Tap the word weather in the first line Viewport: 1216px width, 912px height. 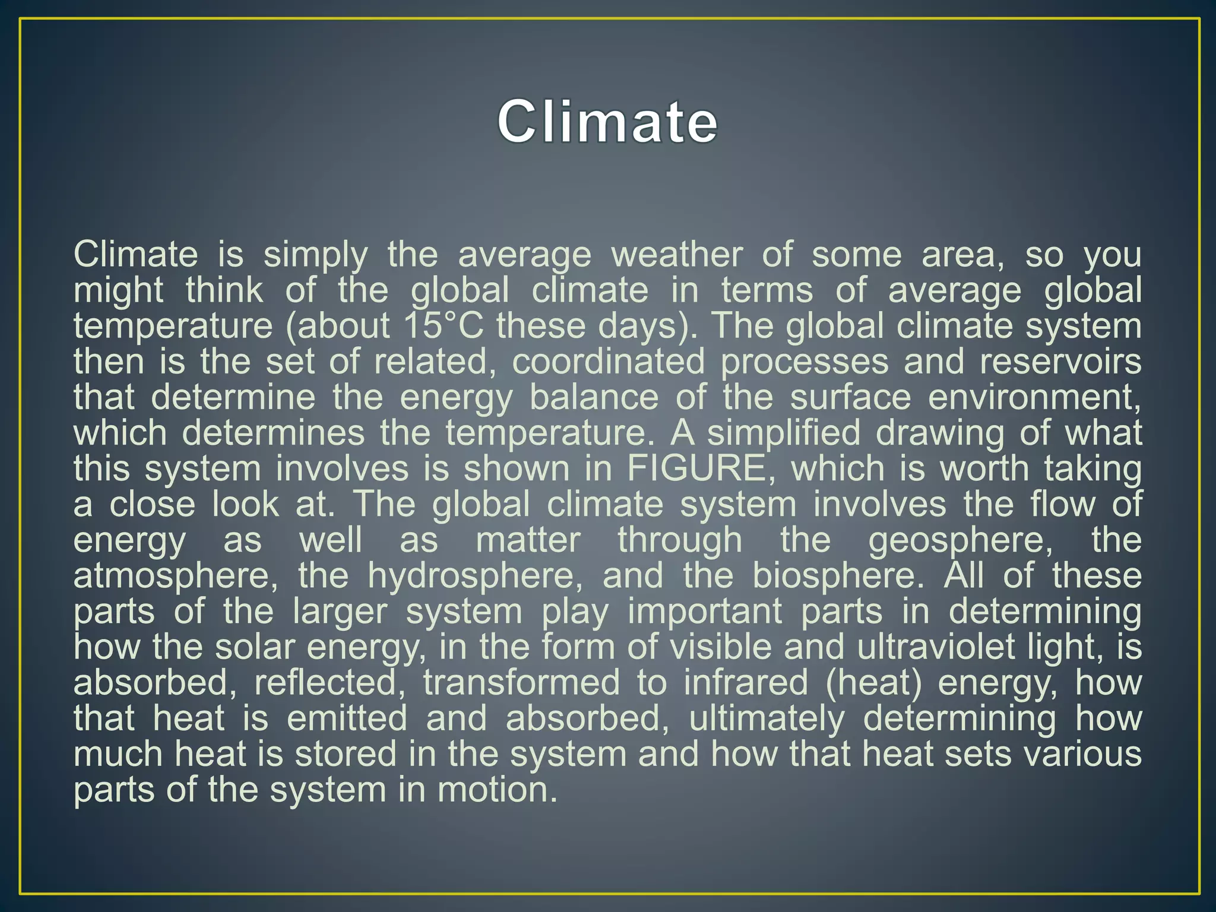pos(677,255)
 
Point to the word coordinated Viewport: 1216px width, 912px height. pos(608,362)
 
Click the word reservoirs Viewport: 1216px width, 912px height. pos(1060,362)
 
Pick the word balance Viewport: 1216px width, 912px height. pos(594,397)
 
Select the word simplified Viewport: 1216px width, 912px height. pos(783,433)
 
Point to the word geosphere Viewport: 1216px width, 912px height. pos(960,540)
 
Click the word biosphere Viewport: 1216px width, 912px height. pos(838,576)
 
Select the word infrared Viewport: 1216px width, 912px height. pos(746,683)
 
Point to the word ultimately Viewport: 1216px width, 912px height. pos(766,718)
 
